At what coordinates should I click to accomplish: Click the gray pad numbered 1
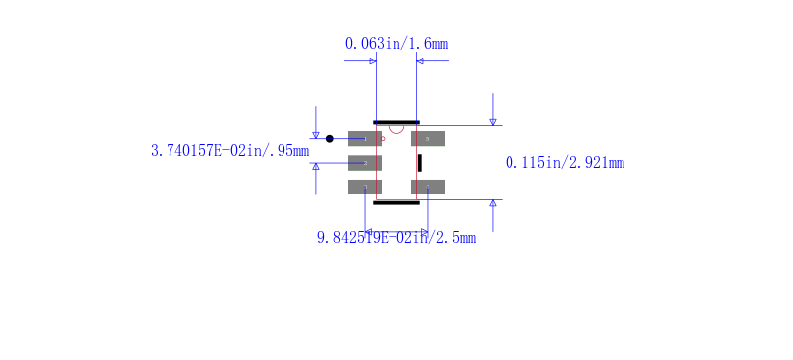[364, 138]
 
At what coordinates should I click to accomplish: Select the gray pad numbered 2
[364, 163]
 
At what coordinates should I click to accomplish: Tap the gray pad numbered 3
[364, 186]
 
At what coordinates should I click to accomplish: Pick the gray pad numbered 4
[428, 186]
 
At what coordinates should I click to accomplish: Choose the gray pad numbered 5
[428, 138]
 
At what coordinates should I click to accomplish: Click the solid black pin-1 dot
[330, 138]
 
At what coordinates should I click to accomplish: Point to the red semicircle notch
[396, 131]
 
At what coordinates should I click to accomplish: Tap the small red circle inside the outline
[383, 138]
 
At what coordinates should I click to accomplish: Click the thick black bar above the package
[396, 122]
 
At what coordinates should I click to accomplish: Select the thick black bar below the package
[396, 203]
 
